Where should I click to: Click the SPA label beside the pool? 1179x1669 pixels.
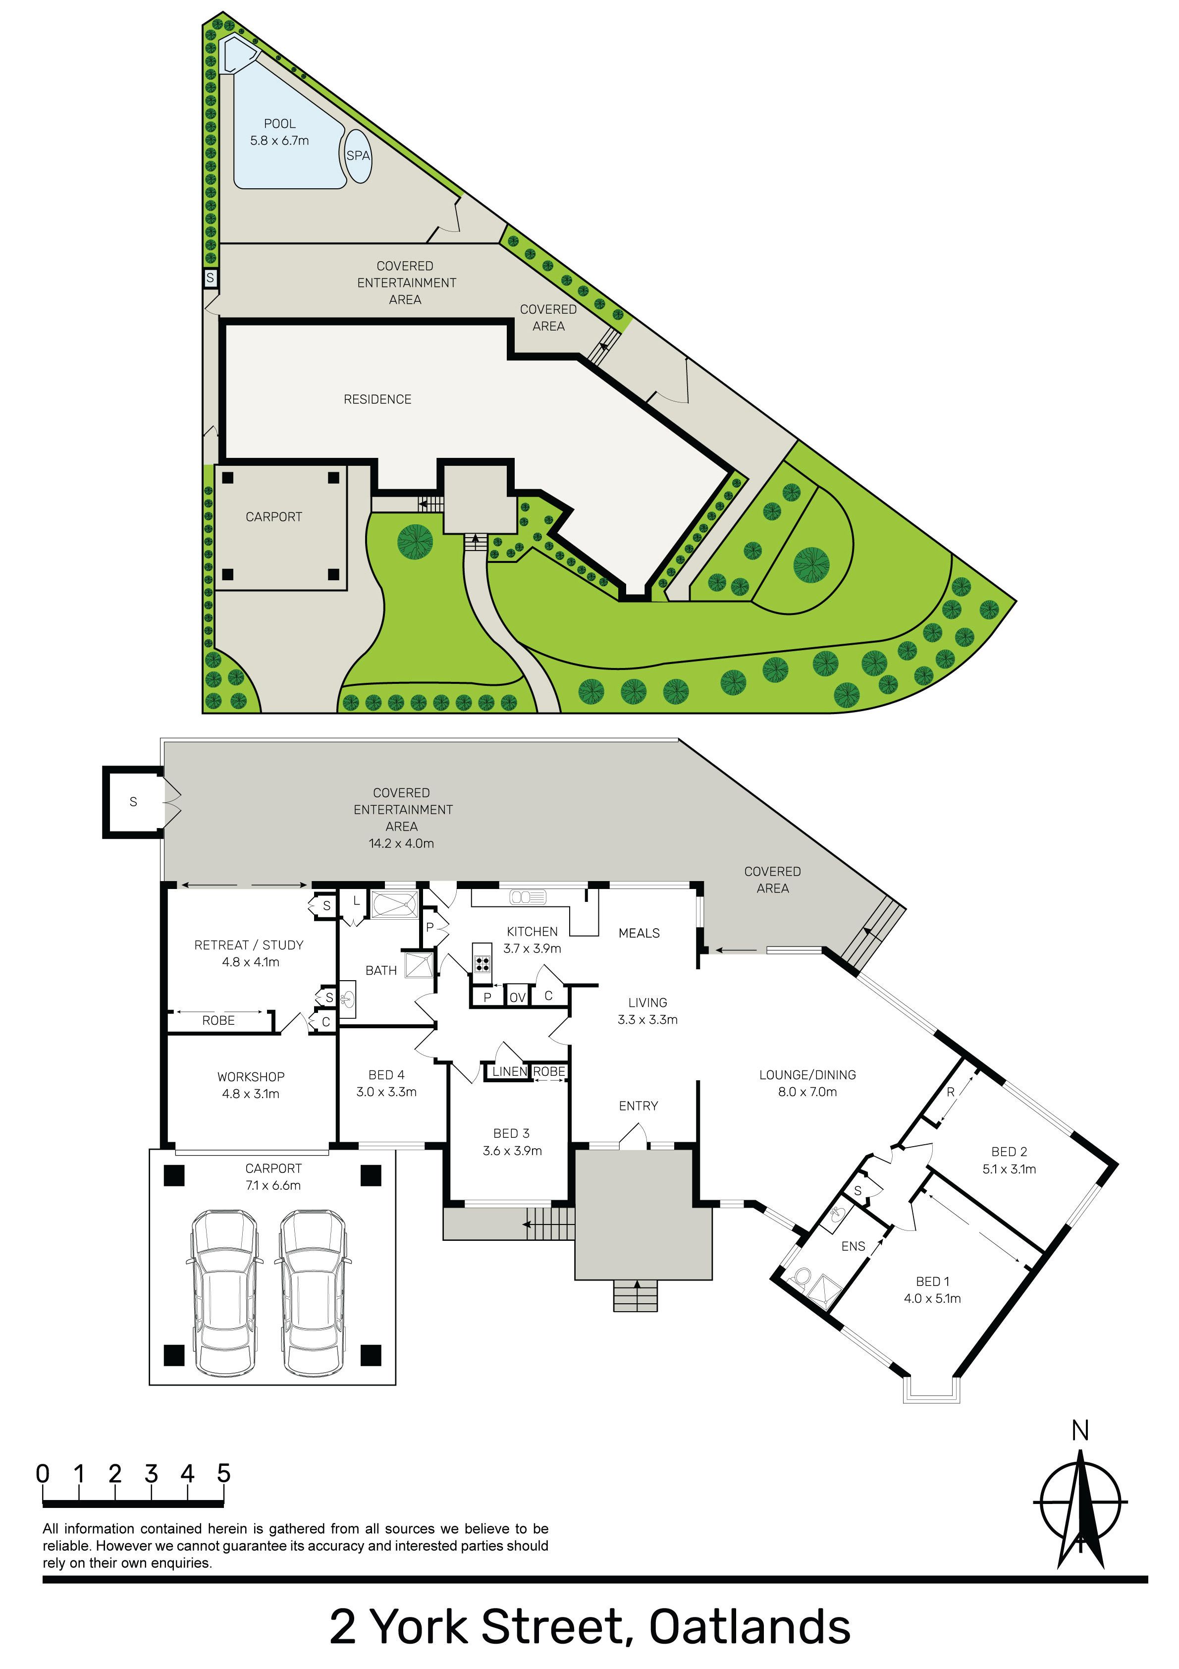(x=358, y=156)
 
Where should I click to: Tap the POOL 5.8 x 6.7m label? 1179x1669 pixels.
(x=280, y=132)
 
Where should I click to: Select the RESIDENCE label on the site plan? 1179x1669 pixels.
(x=377, y=399)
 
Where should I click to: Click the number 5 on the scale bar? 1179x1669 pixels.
(x=223, y=1473)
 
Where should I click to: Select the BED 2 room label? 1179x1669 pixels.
(x=1009, y=1160)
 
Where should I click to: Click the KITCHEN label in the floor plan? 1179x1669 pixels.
(x=532, y=931)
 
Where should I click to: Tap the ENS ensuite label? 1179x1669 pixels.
(x=854, y=1247)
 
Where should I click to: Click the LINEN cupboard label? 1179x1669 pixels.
(x=510, y=1071)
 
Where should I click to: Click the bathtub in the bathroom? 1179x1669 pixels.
(x=395, y=905)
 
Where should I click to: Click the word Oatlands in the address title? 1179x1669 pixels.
(x=750, y=1627)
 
